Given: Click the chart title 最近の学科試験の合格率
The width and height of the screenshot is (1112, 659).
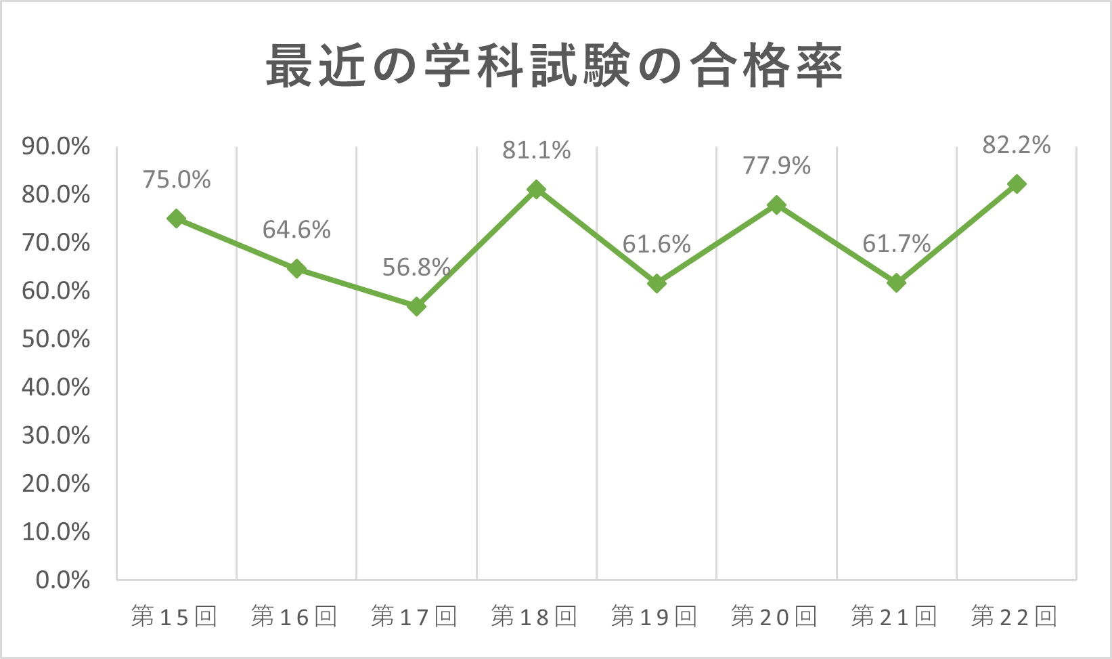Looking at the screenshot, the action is coord(554,66).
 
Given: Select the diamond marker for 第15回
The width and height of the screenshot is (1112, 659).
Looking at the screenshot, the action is coord(176,219).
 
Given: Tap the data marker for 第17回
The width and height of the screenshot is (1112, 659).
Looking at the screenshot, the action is coord(416,306).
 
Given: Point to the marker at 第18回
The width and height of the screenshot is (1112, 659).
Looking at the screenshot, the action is coord(536,189).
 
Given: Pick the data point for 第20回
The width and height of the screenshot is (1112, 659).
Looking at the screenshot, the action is coord(776,205).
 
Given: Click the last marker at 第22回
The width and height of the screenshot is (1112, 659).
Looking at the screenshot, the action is coord(1017,184).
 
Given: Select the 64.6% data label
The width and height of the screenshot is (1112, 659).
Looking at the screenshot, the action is coord(296,230).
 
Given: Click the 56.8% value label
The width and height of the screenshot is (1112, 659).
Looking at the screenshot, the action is coord(416,267).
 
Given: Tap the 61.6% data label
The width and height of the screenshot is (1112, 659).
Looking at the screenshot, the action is coord(657,244).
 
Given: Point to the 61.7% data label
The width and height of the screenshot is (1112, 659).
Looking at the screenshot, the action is coord(897,243).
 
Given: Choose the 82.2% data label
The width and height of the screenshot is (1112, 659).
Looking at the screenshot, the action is coord(1017,145).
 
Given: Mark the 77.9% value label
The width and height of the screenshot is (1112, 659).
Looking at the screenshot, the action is coord(776,165).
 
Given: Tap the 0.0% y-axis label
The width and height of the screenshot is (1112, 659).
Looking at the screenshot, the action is coord(63,580).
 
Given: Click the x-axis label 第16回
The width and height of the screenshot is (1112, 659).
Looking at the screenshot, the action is coord(294,616).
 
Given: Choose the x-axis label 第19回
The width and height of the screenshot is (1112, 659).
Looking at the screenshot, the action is coord(654,616).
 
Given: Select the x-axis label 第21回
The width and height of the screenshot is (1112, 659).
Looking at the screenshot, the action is coord(894,616).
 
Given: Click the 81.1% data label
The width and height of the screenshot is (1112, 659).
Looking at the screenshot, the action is coord(536,150).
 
